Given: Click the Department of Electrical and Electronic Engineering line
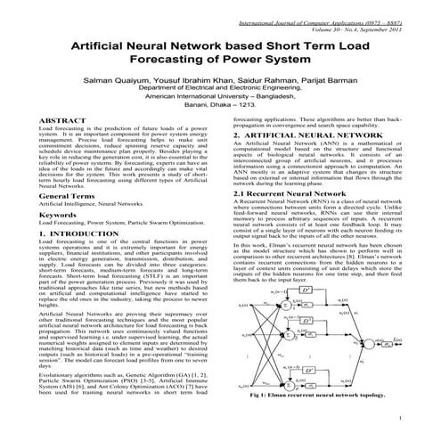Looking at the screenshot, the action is pyautogui.click(x=221, y=89).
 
